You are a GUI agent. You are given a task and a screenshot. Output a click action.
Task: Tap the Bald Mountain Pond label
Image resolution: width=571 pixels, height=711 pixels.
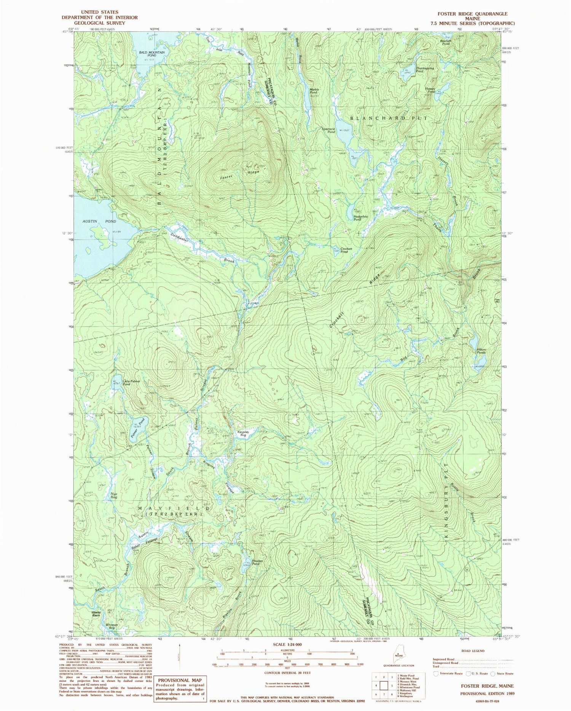[x=152, y=54]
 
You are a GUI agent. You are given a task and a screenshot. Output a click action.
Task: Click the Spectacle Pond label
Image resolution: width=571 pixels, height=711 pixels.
[x=329, y=130]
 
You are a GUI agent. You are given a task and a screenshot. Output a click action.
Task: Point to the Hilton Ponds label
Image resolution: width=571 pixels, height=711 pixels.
[x=481, y=351]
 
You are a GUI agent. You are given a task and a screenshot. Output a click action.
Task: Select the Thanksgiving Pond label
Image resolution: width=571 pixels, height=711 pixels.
[x=424, y=70]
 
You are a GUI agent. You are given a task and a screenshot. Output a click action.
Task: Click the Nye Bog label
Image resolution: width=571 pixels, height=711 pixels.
[x=114, y=496]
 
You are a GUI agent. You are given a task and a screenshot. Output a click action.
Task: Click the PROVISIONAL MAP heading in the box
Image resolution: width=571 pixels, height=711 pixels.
[x=180, y=680]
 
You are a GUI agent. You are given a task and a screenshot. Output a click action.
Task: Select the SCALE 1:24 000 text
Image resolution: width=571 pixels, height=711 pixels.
[x=287, y=644]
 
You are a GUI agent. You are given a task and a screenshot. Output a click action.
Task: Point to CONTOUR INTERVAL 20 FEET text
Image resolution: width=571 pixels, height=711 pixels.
[x=287, y=673]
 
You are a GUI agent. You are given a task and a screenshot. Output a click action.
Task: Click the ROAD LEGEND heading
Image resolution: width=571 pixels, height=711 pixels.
[x=473, y=651]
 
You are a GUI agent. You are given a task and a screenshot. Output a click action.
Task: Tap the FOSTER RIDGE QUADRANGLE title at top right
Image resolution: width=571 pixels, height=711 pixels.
[x=472, y=14]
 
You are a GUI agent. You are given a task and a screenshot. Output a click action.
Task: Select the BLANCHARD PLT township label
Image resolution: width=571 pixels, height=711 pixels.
[x=389, y=118]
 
